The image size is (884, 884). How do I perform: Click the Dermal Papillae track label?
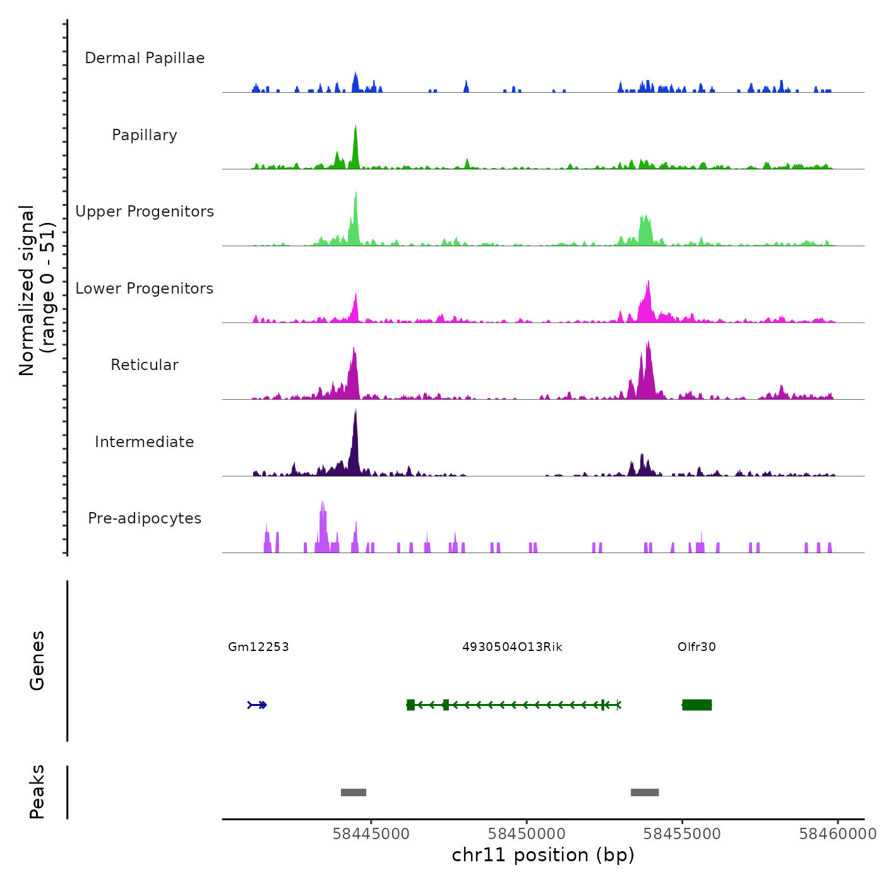tap(145, 58)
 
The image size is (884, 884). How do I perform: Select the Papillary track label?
tap(145, 135)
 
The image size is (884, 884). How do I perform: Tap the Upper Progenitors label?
tap(145, 212)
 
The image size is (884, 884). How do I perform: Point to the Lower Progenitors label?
tap(145, 289)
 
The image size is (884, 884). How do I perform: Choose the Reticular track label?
tap(145, 365)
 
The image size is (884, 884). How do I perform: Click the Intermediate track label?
tap(145, 442)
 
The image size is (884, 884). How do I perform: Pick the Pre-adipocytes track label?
tap(145, 518)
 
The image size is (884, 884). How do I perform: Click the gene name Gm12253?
tap(258, 647)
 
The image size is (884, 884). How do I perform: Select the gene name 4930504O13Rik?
tap(512, 647)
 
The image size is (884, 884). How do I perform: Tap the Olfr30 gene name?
tap(696, 647)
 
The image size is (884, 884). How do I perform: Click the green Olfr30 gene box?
tap(697, 705)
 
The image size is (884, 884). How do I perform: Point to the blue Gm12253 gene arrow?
tap(258, 705)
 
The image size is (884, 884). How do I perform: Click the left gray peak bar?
tap(354, 792)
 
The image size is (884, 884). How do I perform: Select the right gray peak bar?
tap(645, 792)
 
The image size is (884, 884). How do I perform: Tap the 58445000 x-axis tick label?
tap(371, 834)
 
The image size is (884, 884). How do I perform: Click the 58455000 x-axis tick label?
tap(682, 834)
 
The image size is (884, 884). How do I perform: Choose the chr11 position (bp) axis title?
tap(543, 855)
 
